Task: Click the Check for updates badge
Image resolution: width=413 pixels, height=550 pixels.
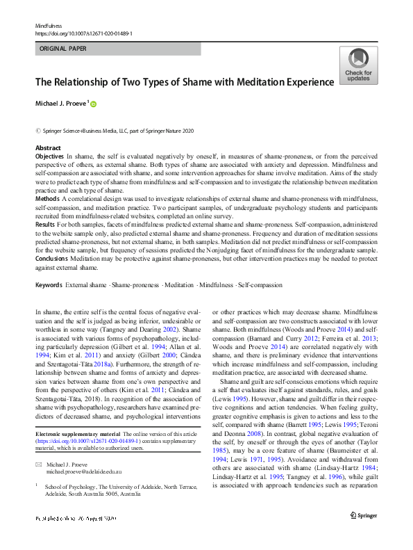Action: [x=358, y=67]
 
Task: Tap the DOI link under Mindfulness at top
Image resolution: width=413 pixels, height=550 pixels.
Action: [x=83, y=33]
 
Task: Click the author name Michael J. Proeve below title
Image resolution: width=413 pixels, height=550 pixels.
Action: [x=61, y=104]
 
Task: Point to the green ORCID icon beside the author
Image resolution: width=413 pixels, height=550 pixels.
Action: [x=93, y=104]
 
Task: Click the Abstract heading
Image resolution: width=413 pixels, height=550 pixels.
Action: [x=47, y=149]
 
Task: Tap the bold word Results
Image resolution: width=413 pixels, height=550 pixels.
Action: [x=46, y=225]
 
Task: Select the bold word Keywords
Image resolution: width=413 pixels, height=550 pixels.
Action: [x=49, y=285]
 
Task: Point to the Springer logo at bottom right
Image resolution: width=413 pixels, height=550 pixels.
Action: [x=363, y=534]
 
